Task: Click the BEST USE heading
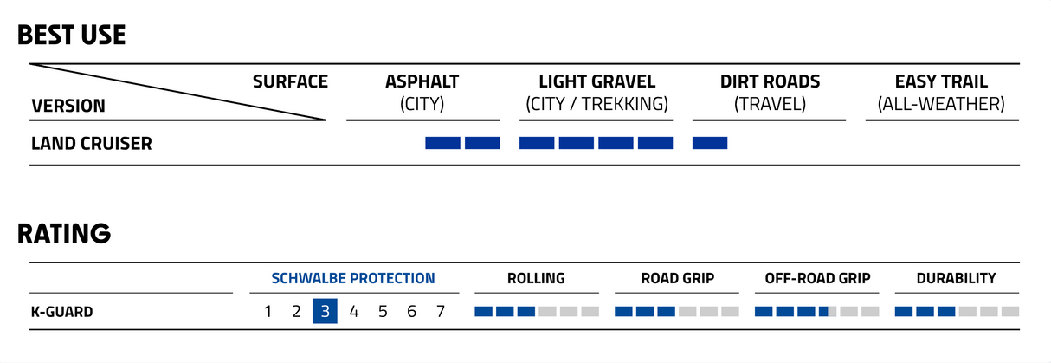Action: coord(71,35)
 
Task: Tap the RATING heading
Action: coord(64,233)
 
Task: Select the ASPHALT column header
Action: coord(422,81)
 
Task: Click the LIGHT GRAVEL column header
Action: coord(596,81)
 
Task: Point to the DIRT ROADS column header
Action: coord(770,81)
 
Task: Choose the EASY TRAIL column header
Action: coord(941,81)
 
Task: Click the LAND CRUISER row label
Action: coord(92,143)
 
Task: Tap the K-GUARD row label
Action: coord(62,312)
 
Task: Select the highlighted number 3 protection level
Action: coord(325,311)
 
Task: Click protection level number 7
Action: coord(440,311)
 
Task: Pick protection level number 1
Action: coord(268,311)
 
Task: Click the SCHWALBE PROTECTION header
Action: coord(353,278)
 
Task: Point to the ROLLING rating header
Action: coord(536,278)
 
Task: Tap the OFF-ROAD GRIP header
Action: coord(817,278)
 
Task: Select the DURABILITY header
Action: coord(957,278)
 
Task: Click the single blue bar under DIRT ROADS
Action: coord(710,143)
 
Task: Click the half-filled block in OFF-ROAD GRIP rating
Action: coord(828,311)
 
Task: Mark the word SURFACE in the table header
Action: coord(290,81)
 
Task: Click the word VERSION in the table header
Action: coord(68,106)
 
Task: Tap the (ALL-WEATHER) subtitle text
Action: coord(941,104)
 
